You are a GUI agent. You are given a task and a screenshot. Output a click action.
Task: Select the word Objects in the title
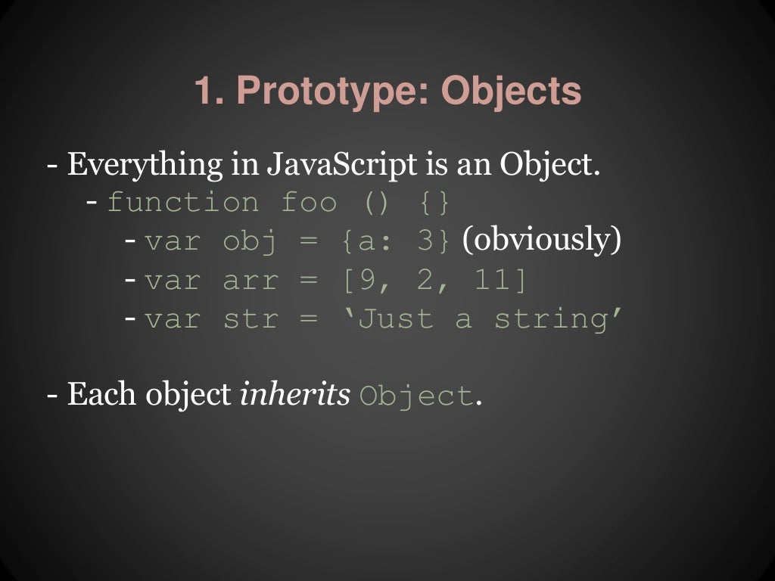point(512,92)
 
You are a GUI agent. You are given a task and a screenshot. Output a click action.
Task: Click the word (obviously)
point(541,241)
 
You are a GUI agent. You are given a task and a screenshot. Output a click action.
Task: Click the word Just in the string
point(396,319)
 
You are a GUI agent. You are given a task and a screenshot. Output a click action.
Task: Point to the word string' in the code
point(559,319)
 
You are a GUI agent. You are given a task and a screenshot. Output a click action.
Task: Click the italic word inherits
point(294,396)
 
